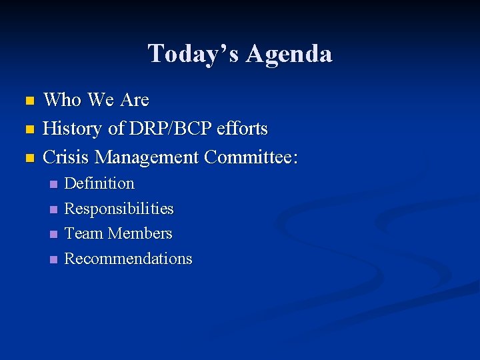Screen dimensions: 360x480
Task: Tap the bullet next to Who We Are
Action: pyautogui.click(x=28, y=101)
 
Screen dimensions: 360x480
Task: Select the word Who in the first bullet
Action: pyautogui.click(x=63, y=101)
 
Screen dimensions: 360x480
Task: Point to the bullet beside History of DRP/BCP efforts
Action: pyautogui.click(x=28, y=129)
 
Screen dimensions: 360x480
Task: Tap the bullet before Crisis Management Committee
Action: pyautogui.click(x=28, y=158)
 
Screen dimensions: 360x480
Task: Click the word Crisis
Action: pyautogui.click(x=66, y=157)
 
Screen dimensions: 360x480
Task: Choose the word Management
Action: pyautogui.click(x=147, y=158)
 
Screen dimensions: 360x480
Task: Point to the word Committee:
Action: pyautogui.click(x=251, y=157)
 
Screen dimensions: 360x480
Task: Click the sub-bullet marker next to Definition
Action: pyautogui.click(x=54, y=184)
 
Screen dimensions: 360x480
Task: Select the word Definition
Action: pyautogui.click(x=99, y=183)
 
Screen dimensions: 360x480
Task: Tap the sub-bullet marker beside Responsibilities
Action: pyautogui.click(x=54, y=209)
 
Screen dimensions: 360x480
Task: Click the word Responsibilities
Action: pyautogui.click(x=119, y=209)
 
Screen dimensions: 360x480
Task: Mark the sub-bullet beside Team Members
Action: pyautogui.click(x=54, y=235)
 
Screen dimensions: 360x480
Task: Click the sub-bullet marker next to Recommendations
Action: pyautogui.click(x=54, y=259)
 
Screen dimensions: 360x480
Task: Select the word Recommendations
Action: pyautogui.click(x=128, y=259)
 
